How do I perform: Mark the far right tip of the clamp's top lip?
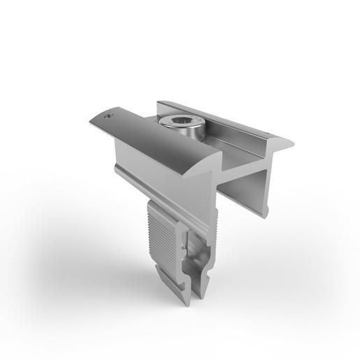(290, 144)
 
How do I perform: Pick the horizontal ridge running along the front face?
(164, 185)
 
